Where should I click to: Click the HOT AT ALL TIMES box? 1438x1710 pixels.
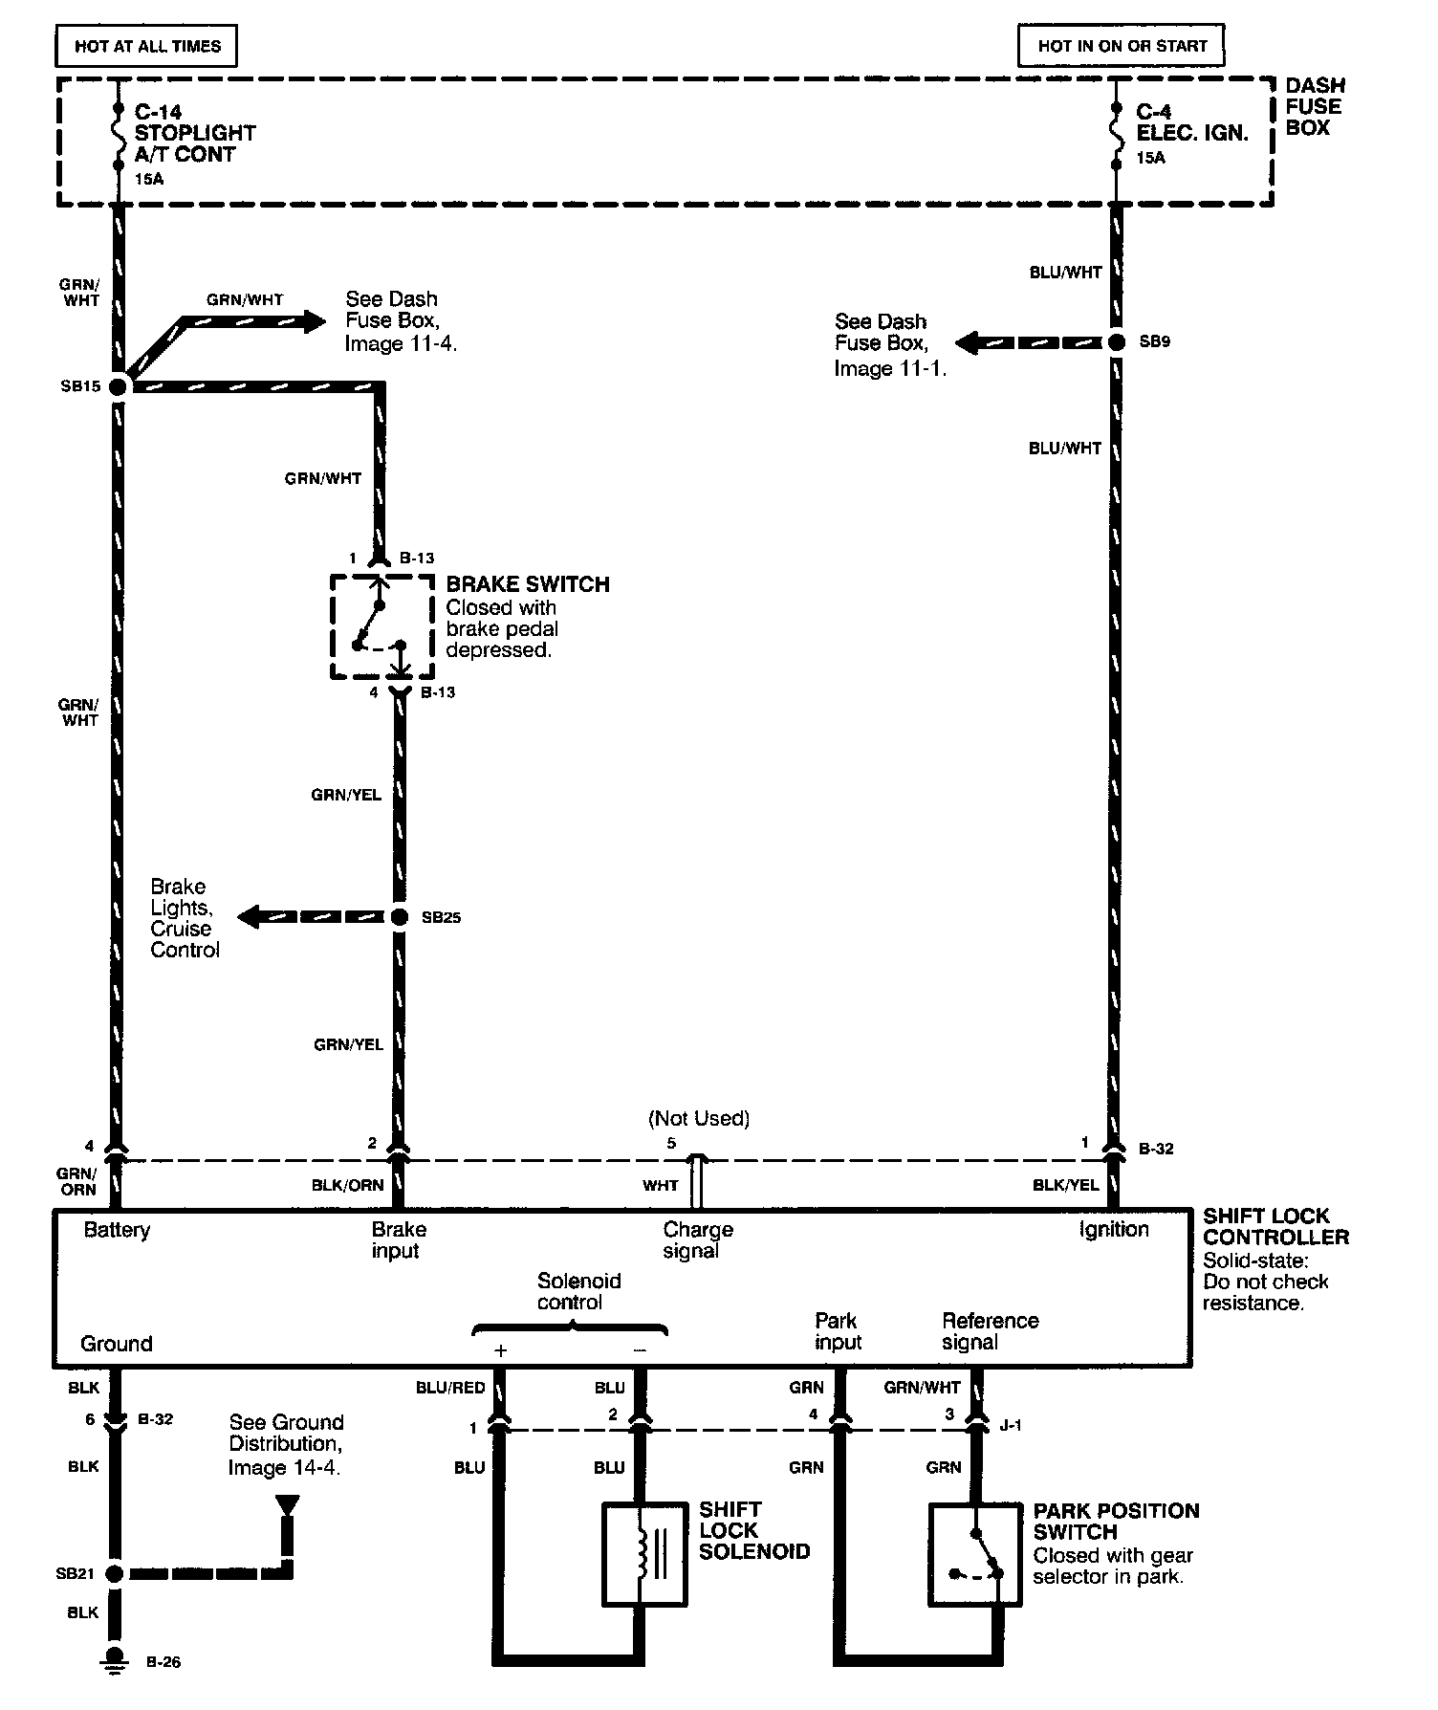tap(147, 46)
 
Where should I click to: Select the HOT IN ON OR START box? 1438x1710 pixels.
tap(1122, 46)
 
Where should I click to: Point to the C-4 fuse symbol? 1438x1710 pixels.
tap(1116, 134)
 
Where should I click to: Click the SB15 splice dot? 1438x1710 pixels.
tap(119, 386)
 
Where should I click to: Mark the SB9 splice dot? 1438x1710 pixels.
tap(1116, 341)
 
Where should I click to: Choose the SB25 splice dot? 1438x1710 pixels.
tap(401, 917)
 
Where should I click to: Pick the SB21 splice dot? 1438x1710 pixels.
tap(115, 1573)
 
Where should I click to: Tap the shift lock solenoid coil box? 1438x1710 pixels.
tap(645, 1553)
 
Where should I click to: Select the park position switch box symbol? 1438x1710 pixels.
tap(974, 1553)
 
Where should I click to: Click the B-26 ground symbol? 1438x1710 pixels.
tap(115, 1660)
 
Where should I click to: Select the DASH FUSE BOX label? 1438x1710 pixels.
tap(1314, 107)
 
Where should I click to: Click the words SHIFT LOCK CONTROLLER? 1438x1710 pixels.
tap(1275, 1227)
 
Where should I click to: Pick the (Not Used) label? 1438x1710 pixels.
tap(699, 1118)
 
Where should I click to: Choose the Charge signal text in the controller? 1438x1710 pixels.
tap(698, 1239)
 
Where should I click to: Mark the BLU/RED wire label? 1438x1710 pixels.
tap(450, 1388)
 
